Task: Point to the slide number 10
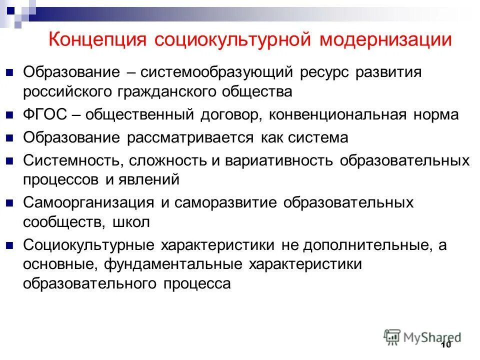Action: pyautogui.click(x=446, y=345)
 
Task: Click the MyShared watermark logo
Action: pyautogui.click(x=423, y=336)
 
